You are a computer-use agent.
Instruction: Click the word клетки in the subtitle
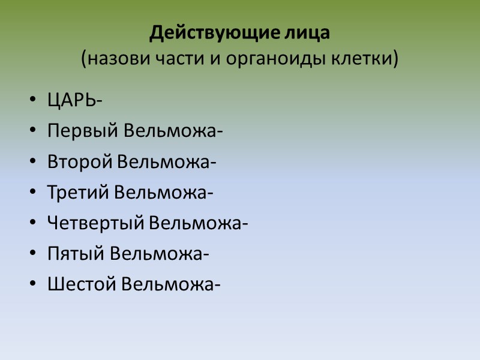[367, 59]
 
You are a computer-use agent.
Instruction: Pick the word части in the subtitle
[171, 59]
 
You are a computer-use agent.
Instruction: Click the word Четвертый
[95, 223]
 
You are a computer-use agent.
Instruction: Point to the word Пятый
[76, 254]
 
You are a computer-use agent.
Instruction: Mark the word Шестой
[81, 284]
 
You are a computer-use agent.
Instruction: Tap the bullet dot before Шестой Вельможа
[32, 285]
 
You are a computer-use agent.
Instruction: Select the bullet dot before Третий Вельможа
[32, 193]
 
